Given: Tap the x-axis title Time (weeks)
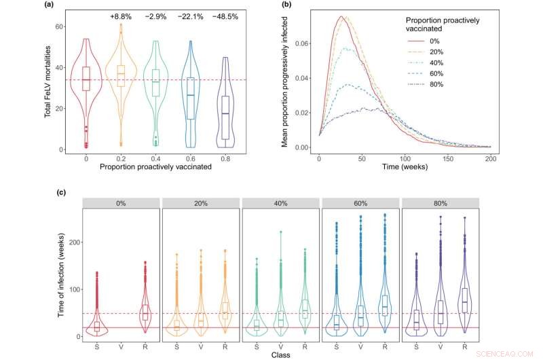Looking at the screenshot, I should tap(405, 166).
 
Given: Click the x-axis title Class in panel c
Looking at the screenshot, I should tap(281, 355).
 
